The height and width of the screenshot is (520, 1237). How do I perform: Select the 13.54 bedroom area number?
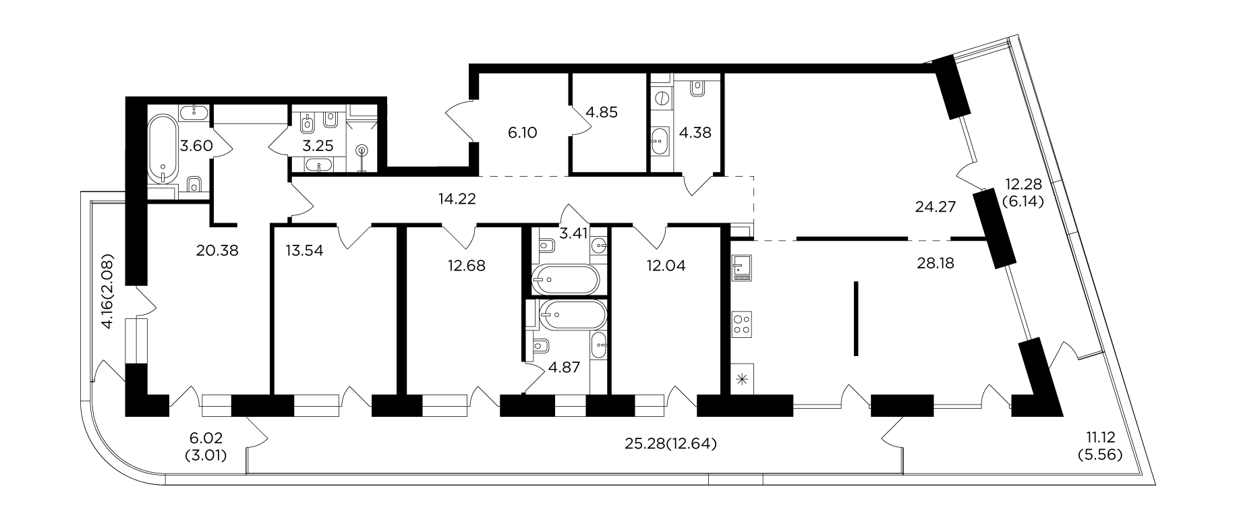(x=304, y=251)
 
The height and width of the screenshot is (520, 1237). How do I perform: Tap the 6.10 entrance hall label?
(x=522, y=133)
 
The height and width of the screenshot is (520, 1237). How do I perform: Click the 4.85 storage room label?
(x=602, y=111)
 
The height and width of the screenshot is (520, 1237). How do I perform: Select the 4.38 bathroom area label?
(x=695, y=132)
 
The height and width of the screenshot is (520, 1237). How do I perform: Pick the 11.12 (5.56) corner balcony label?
(x=1099, y=446)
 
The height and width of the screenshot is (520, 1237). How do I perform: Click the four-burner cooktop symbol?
(x=742, y=324)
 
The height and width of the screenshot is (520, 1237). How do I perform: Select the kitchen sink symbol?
(x=741, y=268)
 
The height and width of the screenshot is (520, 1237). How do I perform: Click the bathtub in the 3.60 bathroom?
(x=163, y=149)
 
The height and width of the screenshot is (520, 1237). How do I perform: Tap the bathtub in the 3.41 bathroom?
(x=565, y=279)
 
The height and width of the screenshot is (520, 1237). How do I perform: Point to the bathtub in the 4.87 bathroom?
(x=573, y=314)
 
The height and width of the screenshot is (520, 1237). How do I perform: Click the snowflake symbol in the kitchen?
(x=743, y=380)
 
